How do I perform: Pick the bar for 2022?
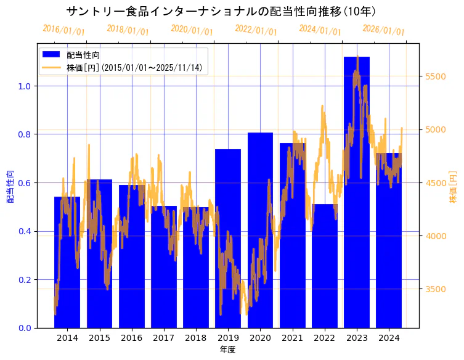coord(325,266)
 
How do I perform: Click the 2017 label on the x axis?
coord(163,338)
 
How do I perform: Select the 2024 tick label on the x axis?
coord(389,338)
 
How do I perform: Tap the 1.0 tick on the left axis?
coord(24,86)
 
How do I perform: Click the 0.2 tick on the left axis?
coord(24,280)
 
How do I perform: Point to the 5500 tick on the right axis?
coord(436,76)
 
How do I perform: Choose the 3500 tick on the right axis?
coord(436,289)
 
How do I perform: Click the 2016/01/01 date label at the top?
coord(63,30)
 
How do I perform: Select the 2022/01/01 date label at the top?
coord(256,30)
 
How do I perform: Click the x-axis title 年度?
coord(227,350)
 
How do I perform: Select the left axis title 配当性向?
coord(10,186)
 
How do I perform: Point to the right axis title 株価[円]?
coord(454,186)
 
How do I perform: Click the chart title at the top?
coord(221,11)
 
